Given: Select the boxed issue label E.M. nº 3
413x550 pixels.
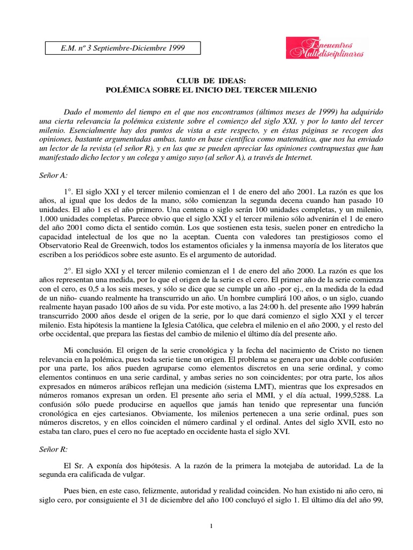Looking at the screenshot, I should point(123,48).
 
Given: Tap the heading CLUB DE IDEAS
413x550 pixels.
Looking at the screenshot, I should point(206,79).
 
